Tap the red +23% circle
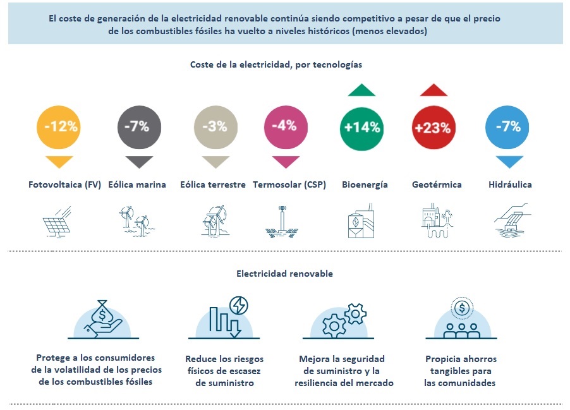pos(433,127)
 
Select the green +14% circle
pos(361,127)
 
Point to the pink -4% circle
pos(284,126)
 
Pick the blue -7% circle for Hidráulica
pos(507,126)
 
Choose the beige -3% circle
pos(215,126)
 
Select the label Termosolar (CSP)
pos(289,184)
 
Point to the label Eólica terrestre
pos(212,184)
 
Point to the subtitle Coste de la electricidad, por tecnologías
pos(276,64)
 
